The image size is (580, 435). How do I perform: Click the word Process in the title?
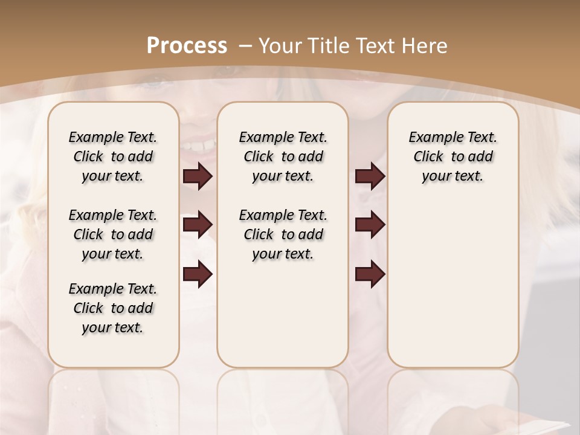click(187, 46)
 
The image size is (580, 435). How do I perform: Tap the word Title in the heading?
click(329, 46)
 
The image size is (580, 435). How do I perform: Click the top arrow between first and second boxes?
click(198, 176)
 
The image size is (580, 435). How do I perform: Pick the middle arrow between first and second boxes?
click(198, 225)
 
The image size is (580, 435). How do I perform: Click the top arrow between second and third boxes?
click(370, 176)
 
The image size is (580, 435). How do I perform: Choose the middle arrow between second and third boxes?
click(370, 225)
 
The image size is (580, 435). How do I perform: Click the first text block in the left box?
click(113, 156)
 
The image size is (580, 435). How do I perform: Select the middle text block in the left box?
click(113, 234)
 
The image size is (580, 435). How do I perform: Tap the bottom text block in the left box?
click(113, 308)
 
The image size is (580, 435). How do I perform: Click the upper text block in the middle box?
click(283, 156)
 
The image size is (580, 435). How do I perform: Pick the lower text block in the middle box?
click(283, 234)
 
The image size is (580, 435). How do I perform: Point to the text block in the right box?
click(453, 156)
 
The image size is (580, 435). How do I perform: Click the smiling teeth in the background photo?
click(199, 145)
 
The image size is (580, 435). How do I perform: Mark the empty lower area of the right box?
click(453, 290)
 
